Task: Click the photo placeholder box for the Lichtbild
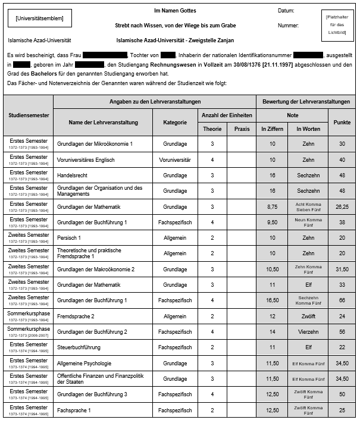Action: coord(340,26)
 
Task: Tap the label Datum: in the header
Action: coord(286,11)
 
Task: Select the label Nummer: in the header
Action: coord(288,26)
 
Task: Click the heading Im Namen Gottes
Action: coord(175,11)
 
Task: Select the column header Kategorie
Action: coord(175,122)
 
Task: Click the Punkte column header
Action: coord(342,122)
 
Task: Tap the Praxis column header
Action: coord(242,129)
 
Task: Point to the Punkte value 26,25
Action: coord(342,207)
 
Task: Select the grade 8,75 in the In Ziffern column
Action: coord(273,207)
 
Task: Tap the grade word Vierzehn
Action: coord(308,332)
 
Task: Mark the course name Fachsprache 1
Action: coord(74,410)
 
